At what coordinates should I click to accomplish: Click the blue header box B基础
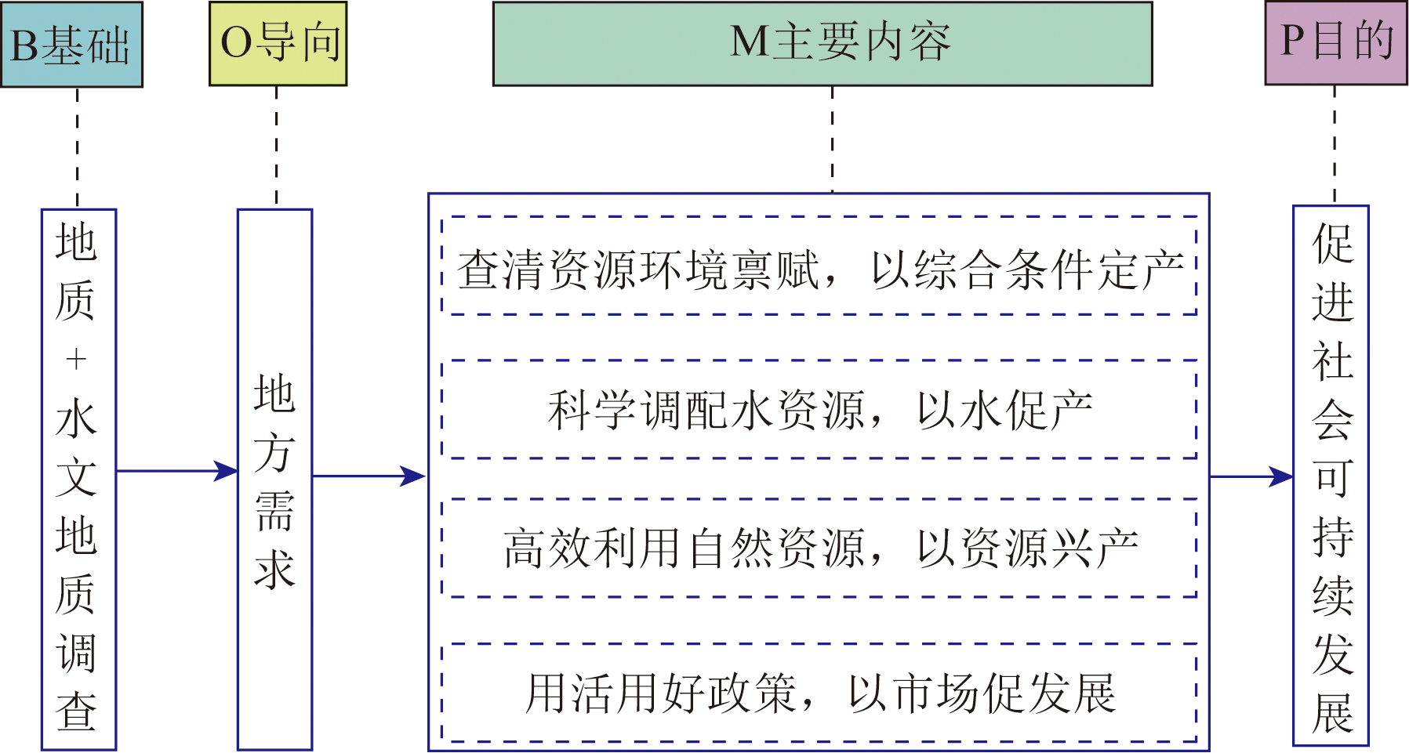(x=71, y=45)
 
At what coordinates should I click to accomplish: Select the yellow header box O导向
(x=278, y=44)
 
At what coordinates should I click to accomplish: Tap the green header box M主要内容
(x=823, y=44)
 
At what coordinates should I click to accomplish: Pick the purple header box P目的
(x=1335, y=43)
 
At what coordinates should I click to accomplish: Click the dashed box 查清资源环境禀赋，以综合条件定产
(x=819, y=266)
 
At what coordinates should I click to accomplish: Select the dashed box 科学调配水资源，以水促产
(x=819, y=410)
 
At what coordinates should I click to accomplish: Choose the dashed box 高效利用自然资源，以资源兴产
(x=819, y=548)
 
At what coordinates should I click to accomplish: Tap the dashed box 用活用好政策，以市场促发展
(x=819, y=693)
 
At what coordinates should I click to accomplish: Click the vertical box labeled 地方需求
(x=274, y=480)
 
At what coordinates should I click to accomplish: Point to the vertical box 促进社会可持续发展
(x=1331, y=476)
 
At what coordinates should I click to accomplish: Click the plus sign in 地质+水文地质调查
(x=76, y=360)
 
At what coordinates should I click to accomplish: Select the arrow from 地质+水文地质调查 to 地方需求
(x=176, y=471)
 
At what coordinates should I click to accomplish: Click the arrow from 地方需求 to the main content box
(x=369, y=476)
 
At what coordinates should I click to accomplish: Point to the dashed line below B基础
(x=77, y=147)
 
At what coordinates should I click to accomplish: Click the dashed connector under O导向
(x=276, y=147)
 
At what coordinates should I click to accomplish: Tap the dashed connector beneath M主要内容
(x=832, y=139)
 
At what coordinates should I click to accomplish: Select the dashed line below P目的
(x=1335, y=145)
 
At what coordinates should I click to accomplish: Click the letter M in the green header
(x=750, y=42)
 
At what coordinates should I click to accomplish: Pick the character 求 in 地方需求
(x=274, y=568)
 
